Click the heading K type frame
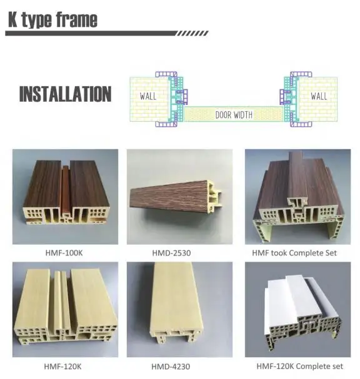52,20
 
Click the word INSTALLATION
65,94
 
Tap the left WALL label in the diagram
148,96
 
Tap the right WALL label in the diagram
318,96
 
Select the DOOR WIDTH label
233,115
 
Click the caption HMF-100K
65,253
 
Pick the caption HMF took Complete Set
294,253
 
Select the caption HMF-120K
65,366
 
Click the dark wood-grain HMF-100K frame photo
65,197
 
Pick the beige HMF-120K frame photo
65,309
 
